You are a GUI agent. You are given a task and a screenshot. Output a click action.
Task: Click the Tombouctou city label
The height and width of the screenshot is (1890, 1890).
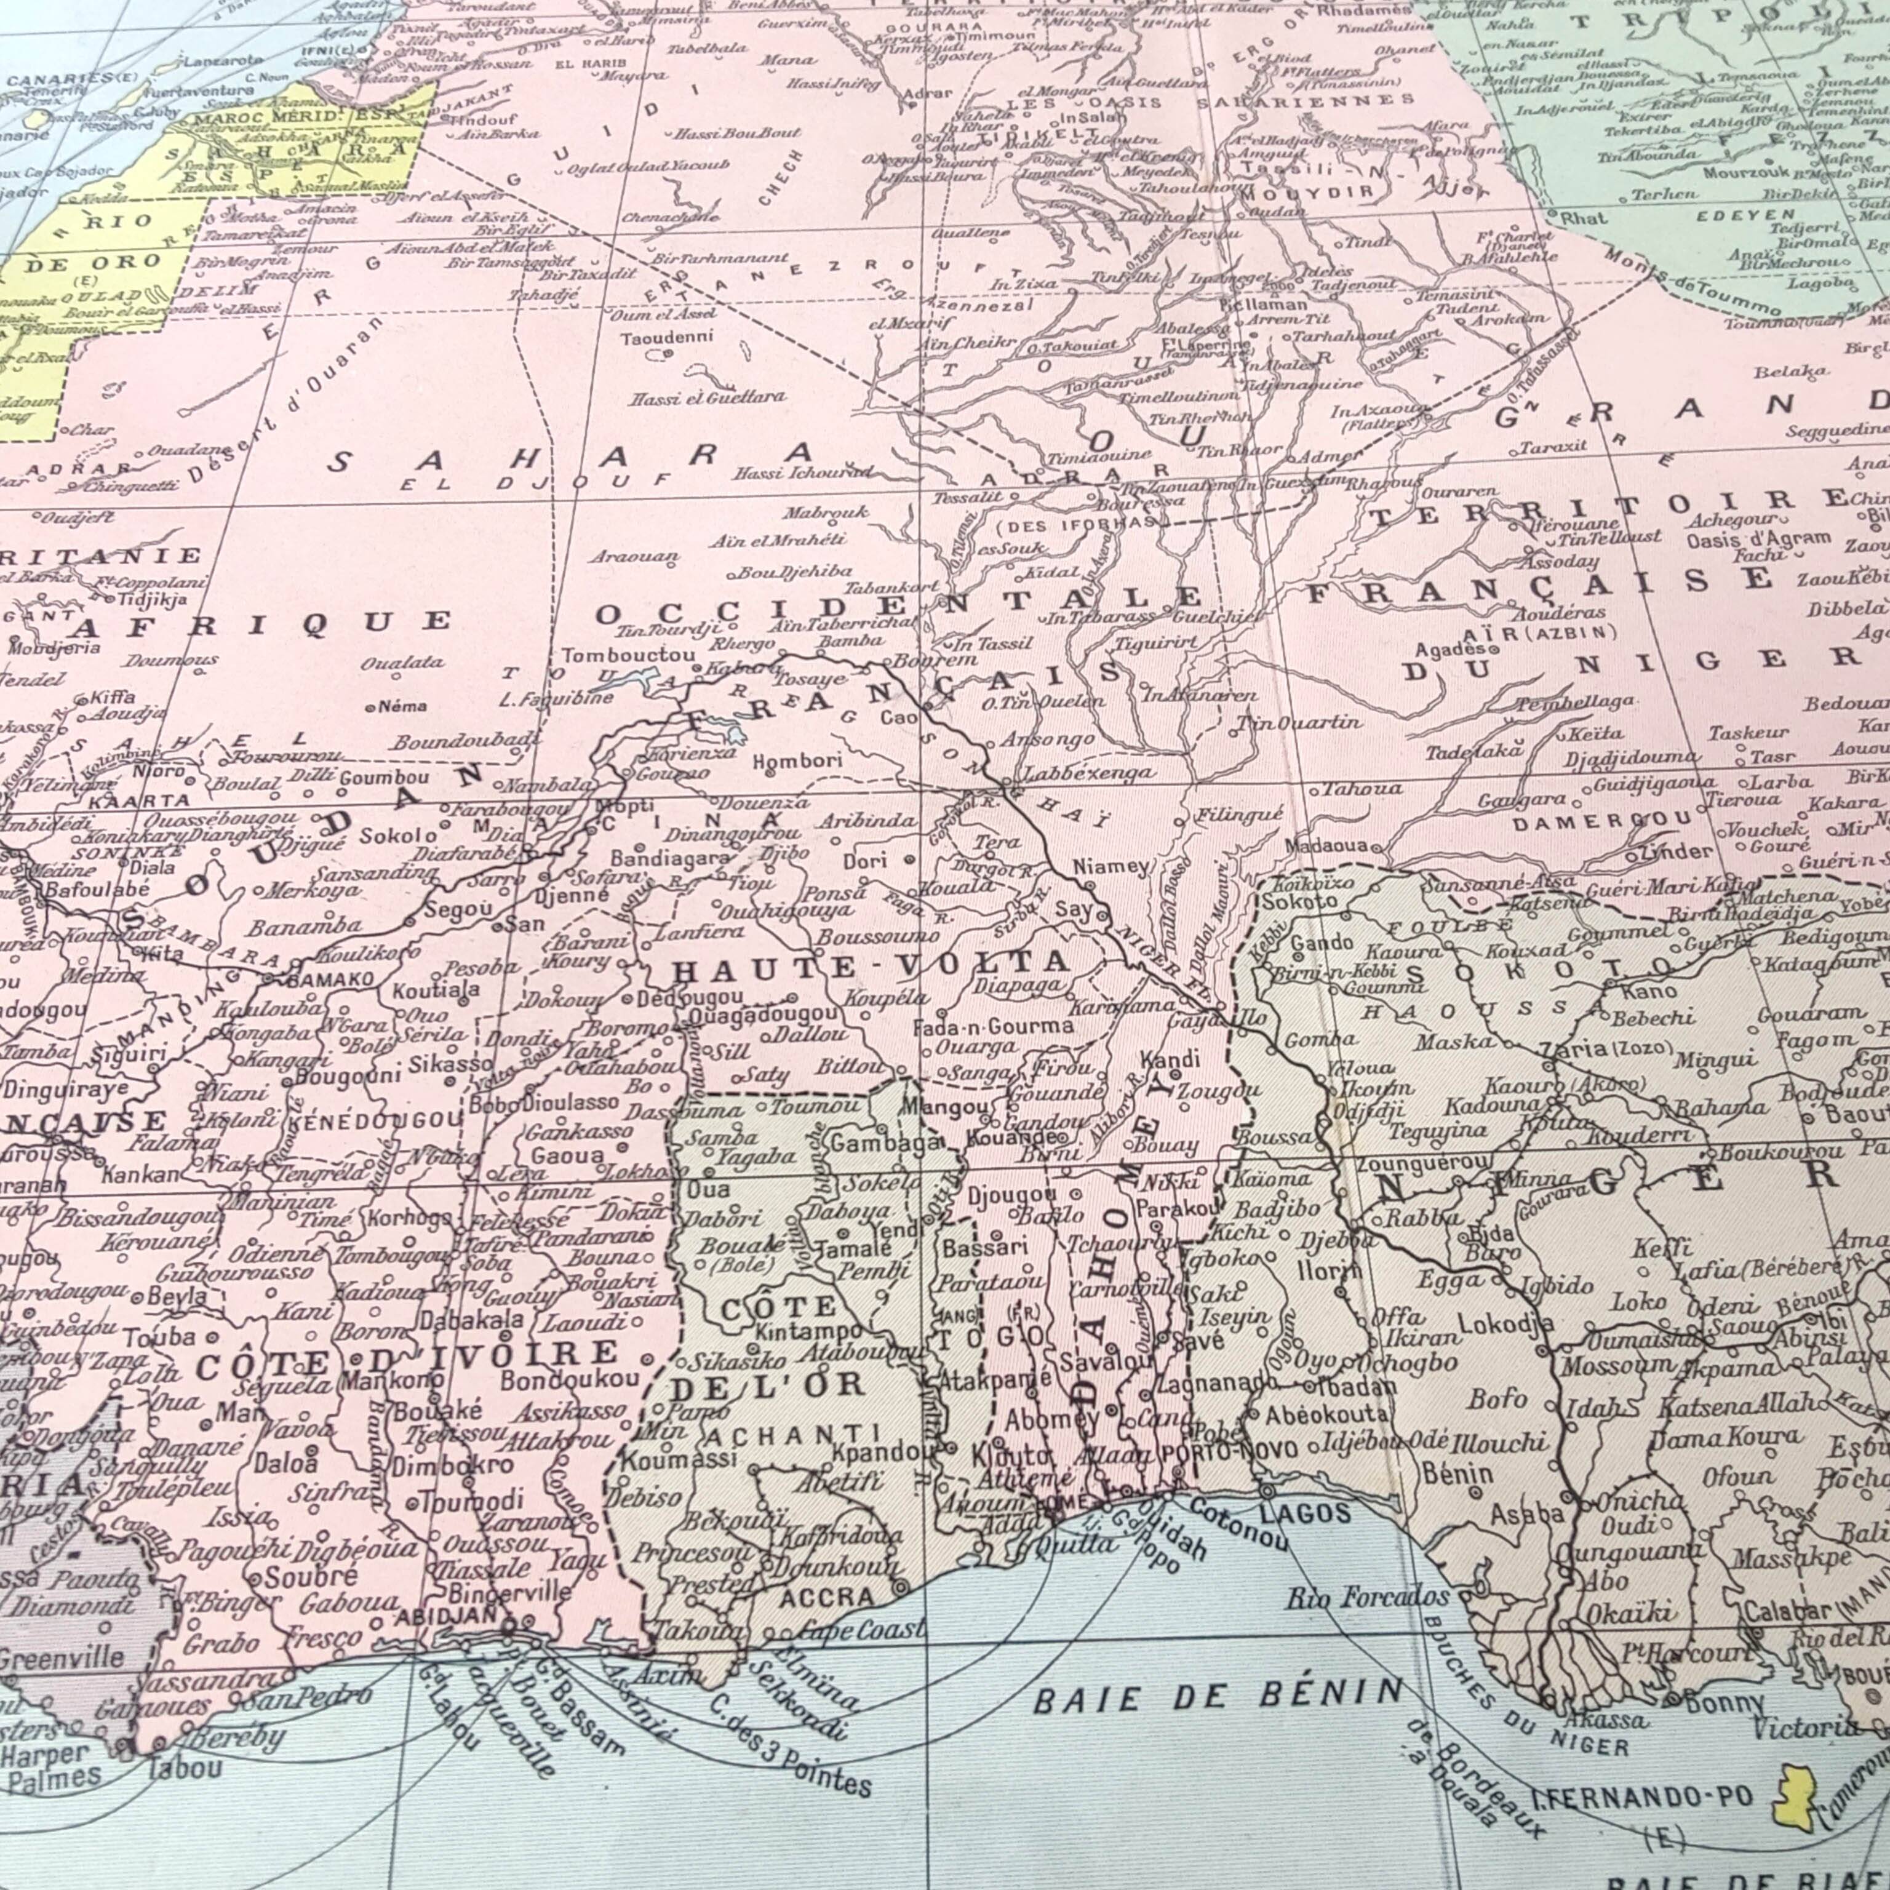[x=629, y=655]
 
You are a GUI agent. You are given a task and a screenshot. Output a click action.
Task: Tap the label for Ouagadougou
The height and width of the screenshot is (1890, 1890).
[x=763, y=1015]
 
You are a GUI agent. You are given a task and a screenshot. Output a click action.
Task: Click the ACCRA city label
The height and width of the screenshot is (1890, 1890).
[x=827, y=1598]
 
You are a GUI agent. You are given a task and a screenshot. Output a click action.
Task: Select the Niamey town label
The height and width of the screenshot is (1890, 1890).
[x=1110, y=866]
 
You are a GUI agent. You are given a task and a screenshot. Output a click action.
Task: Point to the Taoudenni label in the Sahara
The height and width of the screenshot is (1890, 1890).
[x=667, y=338]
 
